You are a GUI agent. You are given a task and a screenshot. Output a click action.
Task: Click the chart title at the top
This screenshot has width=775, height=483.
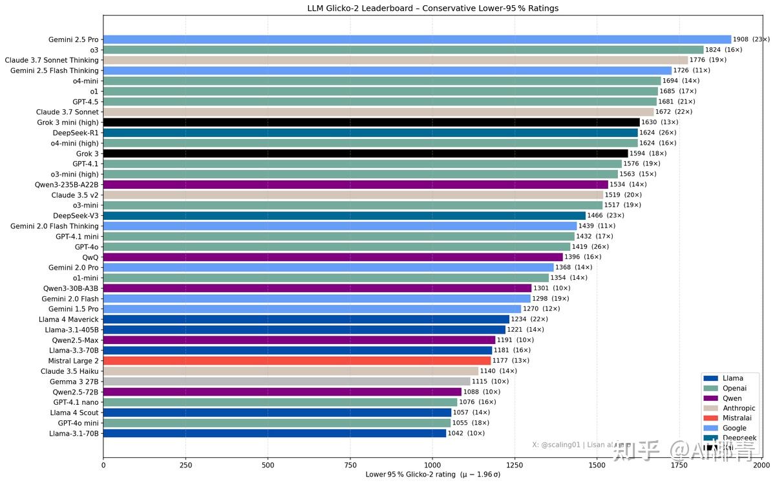[x=432, y=8]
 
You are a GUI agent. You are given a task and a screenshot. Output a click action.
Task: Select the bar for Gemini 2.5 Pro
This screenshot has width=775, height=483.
[x=417, y=39]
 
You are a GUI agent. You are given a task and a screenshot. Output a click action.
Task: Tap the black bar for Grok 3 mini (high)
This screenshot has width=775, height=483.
[x=371, y=122]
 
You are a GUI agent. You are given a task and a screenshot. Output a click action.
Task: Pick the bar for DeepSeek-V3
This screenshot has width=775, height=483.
[x=345, y=215]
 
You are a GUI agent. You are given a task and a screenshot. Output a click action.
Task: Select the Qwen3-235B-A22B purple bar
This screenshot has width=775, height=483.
[x=356, y=184]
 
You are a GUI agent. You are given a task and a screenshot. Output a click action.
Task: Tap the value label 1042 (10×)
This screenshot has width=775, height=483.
[x=466, y=433]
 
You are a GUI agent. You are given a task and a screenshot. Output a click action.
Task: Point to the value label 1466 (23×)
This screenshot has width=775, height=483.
[x=606, y=215]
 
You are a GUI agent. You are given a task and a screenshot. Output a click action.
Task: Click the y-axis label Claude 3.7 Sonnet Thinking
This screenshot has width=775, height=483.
[x=52, y=60]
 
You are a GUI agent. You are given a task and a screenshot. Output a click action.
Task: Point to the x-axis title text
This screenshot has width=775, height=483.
[x=432, y=475]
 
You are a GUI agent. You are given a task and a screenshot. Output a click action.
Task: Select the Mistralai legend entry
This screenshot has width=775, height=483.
[x=736, y=418]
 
